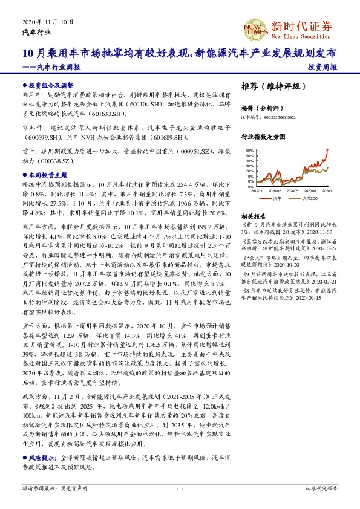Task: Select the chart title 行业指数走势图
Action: coord(262,137)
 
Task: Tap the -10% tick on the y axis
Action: coord(249,187)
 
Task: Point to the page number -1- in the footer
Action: coord(180,488)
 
